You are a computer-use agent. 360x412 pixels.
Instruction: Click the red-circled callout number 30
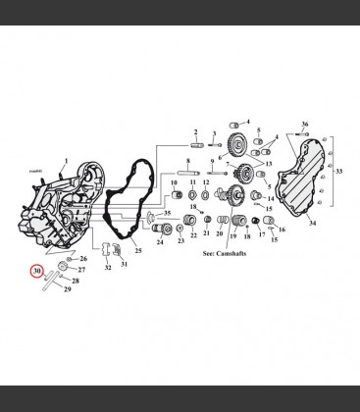click(x=36, y=271)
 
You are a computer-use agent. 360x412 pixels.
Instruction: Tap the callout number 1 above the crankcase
click(x=65, y=160)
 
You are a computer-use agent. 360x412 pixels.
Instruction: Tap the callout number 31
click(x=124, y=262)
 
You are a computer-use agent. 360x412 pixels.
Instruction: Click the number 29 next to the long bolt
click(x=68, y=288)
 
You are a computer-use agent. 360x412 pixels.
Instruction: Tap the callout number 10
click(x=174, y=182)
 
